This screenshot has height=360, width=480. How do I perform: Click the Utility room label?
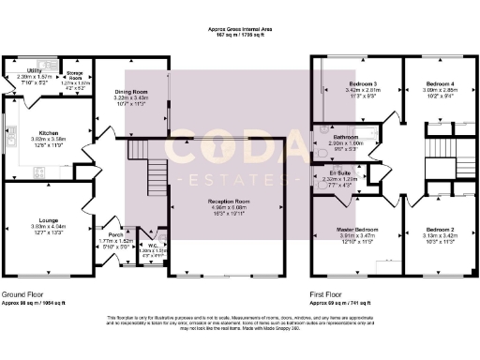point(32,69)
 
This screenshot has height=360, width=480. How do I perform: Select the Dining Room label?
point(131,90)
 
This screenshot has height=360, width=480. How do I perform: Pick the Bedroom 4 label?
point(436,85)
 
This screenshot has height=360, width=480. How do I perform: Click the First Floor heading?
point(328,293)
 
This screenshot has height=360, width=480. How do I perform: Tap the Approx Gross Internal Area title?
point(240,30)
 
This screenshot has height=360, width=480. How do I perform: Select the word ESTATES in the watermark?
point(230,176)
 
